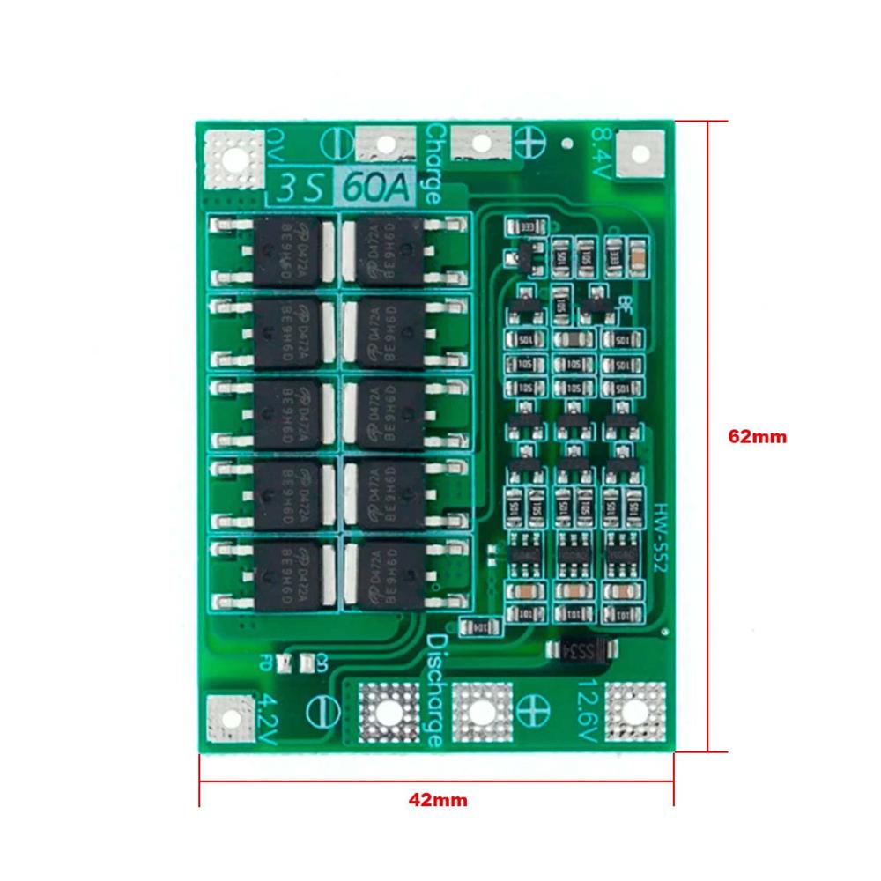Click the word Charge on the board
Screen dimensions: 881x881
click(x=433, y=164)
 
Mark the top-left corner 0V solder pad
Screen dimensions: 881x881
click(x=233, y=159)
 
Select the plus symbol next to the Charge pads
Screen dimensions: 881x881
click(x=531, y=141)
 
